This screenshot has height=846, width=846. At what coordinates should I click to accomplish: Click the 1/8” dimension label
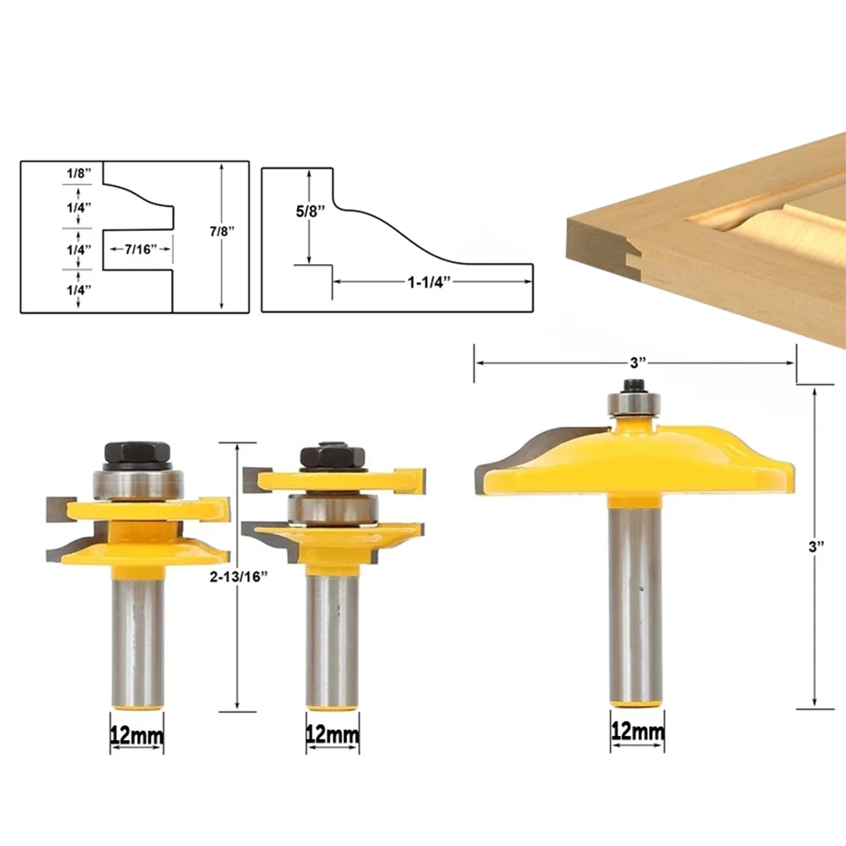point(79,173)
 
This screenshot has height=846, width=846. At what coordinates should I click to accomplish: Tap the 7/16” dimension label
point(140,250)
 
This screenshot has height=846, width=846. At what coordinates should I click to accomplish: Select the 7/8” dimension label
point(222,231)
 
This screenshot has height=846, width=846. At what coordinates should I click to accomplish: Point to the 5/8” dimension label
point(310,211)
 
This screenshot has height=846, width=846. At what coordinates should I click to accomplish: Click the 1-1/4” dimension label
point(428,282)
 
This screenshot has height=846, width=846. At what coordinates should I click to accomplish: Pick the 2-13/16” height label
point(239,577)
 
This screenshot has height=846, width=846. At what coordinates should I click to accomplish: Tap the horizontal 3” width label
point(638,363)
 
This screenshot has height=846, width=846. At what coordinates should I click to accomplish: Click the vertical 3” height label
point(816,547)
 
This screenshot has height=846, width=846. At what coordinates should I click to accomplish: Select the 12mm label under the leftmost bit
point(137,735)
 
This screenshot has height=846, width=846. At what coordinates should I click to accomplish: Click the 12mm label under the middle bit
point(332,734)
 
